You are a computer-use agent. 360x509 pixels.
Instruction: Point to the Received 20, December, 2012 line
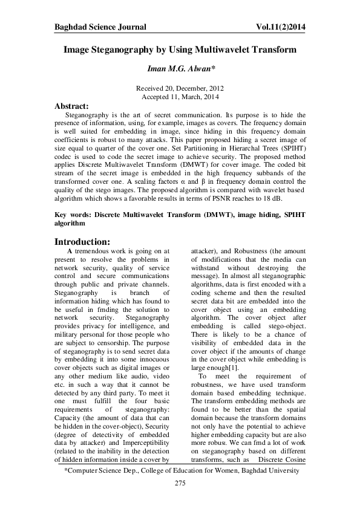(180, 88)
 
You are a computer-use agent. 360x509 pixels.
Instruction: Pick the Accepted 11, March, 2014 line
(180, 97)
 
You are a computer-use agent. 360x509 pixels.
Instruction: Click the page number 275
(180, 484)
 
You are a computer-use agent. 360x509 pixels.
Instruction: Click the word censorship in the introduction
(119, 334)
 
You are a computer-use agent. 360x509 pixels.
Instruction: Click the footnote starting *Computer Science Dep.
(180, 470)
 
